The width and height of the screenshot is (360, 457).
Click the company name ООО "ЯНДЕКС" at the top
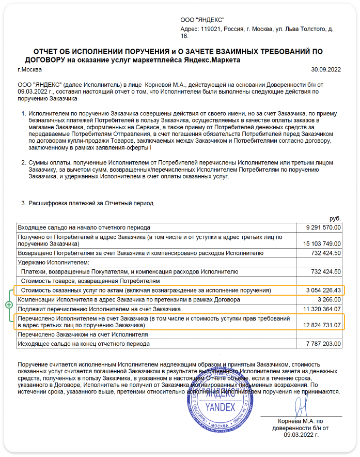pyautogui.click(x=199, y=20)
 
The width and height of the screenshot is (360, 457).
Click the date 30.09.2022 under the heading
pyautogui.click(x=326, y=69)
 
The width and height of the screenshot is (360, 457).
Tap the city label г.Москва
pyautogui.click(x=30, y=69)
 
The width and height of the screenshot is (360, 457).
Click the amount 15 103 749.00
pyautogui.click(x=319, y=243)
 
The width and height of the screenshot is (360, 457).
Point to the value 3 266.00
pyautogui.click(x=329, y=300)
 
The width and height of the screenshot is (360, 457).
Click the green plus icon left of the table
pyautogui.click(x=9, y=305)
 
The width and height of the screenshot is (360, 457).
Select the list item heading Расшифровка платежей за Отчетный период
pyautogui.click(x=91, y=203)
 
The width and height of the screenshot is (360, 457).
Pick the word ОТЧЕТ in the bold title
pyautogui.click(x=49, y=51)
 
